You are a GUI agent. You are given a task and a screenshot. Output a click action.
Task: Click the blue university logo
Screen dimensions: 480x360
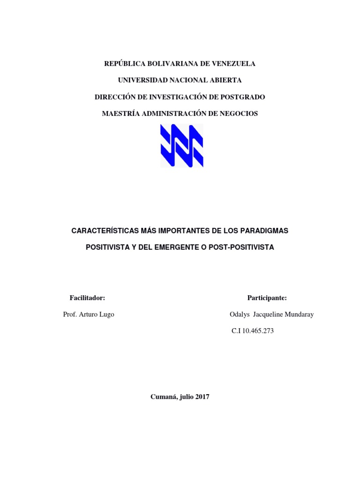pyautogui.click(x=182, y=146)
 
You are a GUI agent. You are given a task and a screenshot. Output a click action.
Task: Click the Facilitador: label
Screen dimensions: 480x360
pyautogui.click(x=87, y=298)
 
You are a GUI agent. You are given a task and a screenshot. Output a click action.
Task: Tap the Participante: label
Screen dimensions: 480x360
pyautogui.click(x=267, y=298)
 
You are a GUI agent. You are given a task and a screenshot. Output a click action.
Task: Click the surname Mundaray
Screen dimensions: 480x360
pyautogui.click(x=297, y=315)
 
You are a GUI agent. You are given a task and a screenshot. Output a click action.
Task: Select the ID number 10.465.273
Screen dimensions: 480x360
pyautogui.click(x=258, y=331)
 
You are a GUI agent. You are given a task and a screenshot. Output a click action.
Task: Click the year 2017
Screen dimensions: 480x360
pyautogui.click(x=202, y=397)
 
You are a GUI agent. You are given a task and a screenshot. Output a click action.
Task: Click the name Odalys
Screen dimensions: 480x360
pyautogui.click(x=240, y=315)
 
